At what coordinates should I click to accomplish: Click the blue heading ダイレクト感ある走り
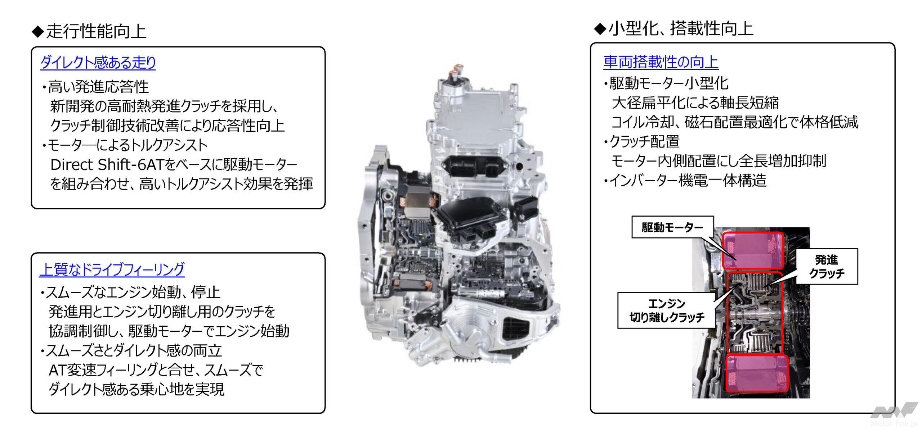coord(98,62)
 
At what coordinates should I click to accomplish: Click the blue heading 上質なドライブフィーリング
coord(112,269)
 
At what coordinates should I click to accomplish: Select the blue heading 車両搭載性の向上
coord(661,62)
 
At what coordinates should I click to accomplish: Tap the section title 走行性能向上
coord(89,31)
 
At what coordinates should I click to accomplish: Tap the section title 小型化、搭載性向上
coord(673,29)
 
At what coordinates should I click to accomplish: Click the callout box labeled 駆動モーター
coord(672,227)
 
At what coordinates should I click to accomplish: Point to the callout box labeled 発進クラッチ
coord(827,266)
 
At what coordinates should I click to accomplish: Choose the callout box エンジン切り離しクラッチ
coord(667,310)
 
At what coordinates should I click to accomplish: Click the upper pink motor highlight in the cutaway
coord(753,251)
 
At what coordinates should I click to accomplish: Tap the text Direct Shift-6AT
coord(107,165)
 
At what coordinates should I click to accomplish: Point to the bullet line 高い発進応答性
coord(95,87)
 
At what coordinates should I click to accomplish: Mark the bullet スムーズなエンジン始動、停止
coord(130,292)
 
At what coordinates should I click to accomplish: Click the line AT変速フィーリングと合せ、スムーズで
coord(156,369)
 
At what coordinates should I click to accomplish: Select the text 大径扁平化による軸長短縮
coord(695,103)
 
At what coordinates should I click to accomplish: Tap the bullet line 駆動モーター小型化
coord(666,83)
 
